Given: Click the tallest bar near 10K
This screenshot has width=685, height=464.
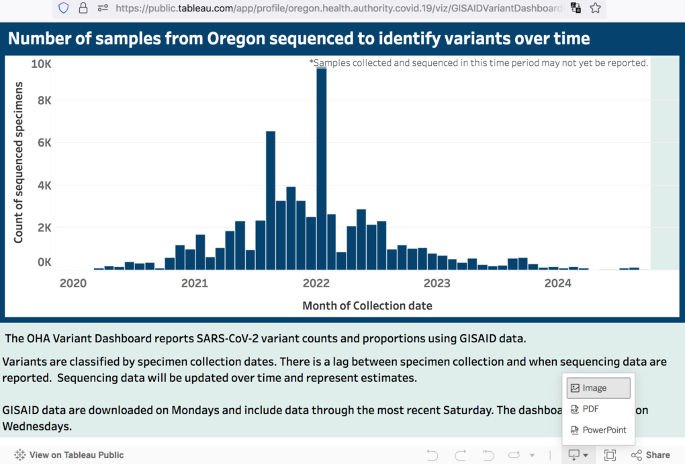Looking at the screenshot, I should [x=322, y=168].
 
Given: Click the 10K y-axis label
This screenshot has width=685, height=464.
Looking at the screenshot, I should [x=42, y=64].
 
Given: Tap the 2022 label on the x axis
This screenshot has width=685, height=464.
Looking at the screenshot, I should [x=315, y=283].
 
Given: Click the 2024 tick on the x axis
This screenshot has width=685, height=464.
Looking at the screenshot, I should [x=557, y=283].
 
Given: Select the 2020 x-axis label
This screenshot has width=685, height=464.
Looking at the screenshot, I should [x=73, y=283].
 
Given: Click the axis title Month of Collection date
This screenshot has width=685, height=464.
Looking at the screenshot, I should [x=367, y=306].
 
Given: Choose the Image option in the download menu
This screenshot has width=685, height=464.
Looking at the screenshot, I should [x=594, y=388].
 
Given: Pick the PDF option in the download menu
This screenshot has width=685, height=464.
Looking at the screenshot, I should [x=590, y=409].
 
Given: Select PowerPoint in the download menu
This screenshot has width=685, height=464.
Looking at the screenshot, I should [x=604, y=430].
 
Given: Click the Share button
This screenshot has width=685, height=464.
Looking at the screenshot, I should [x=651, y=455].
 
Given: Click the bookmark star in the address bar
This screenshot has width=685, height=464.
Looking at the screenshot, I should [x=595, y=8].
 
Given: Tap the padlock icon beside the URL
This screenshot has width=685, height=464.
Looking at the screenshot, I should [x=83, y=8].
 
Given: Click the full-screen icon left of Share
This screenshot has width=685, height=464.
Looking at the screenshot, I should [x=610, y=455].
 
